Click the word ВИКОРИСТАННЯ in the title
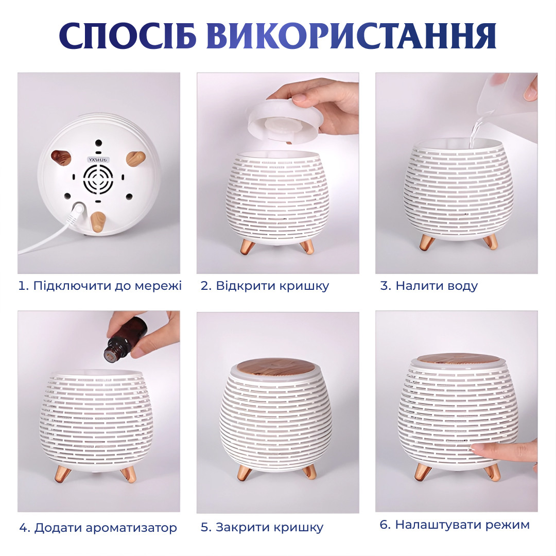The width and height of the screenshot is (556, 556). [x=351, y=36]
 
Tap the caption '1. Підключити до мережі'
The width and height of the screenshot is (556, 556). [x=100, y=286]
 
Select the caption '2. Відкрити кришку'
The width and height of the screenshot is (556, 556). [x=265, y=286]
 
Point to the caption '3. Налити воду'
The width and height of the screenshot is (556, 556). [x=429, y=286]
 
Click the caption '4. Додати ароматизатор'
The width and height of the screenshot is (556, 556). [x=98, y=528]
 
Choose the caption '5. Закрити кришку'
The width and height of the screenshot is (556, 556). [x=262, y=528]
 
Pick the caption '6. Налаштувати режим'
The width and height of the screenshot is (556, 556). [x=455, y=525]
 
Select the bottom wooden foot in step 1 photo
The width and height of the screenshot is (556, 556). [x=98, y=222]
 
